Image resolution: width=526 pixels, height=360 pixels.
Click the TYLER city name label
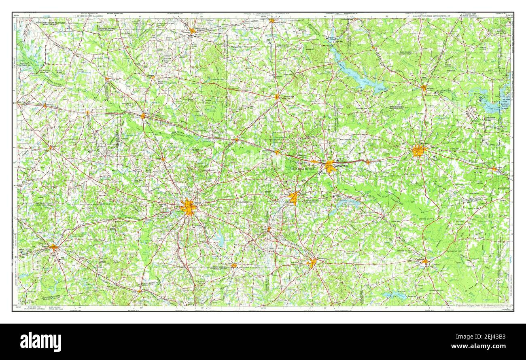[x=197, y=203]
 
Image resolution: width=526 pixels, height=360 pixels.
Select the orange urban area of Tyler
[x=188, y=208]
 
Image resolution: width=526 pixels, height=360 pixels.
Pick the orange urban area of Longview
[x=330, y=166]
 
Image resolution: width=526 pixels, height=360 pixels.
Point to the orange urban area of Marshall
[x=419, y=150]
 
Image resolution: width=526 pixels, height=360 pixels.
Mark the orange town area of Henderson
[x=312, y=263]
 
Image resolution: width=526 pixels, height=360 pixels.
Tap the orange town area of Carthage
[x=424, y=261]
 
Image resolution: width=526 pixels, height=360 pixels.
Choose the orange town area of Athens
[x=53, y=246]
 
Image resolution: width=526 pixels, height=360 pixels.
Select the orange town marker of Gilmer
[x=277, y=97]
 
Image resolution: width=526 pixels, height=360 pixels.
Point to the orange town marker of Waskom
[x=494, y=169]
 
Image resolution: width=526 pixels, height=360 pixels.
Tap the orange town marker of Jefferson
[x=423, y=87]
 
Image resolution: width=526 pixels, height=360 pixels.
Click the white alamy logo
[x=41, y=342]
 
